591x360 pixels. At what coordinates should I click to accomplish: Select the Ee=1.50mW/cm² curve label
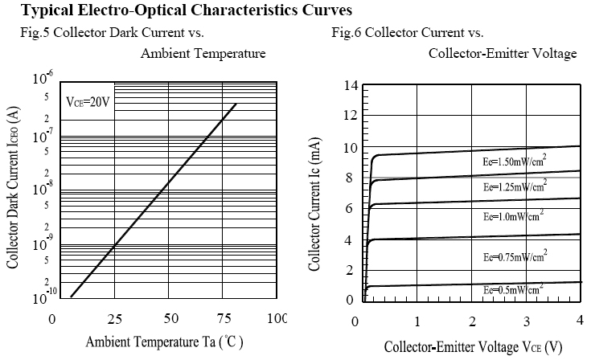tap(508, 161)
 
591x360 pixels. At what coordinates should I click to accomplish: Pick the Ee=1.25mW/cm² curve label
tap(508, 186)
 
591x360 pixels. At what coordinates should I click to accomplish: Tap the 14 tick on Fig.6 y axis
tap(350, 86)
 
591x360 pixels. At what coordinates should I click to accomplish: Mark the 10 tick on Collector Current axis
tap(350, 149)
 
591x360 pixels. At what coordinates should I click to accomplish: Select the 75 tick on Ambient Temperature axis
tap(224, 319)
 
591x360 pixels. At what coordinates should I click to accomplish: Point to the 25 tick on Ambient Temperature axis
tap(114, 319)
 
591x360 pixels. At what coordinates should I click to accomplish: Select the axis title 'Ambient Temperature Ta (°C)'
tap(165, 341)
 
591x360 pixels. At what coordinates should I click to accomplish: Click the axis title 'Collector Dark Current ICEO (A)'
tap(12, 190)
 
